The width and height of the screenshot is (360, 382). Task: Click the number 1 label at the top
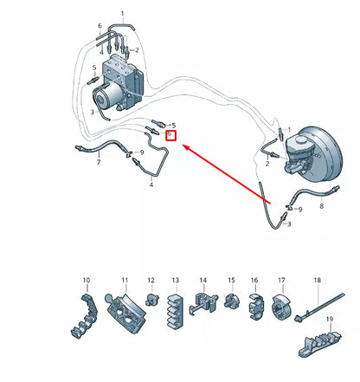pos(122,13)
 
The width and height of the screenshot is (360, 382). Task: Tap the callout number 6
pos(100,27)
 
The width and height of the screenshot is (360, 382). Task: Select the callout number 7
pos(98,162)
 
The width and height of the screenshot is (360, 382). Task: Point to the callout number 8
pos(321,207)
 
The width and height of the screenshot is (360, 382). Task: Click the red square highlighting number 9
pos(171,135)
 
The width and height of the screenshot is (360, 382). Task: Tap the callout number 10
pos(86,281)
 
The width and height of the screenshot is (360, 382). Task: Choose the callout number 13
pos(176,281)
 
